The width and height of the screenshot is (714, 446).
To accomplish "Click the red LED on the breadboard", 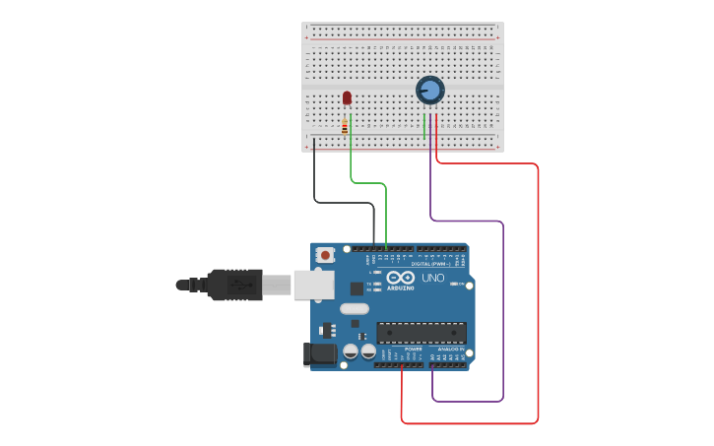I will click(347, 97).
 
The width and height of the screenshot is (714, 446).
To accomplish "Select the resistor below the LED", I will click(344, 126).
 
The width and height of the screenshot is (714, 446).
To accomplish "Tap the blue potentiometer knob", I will click(430, 91).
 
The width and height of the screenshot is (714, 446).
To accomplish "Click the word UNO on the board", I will click(433, 278).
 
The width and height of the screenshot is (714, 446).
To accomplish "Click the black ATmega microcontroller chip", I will click(421, 333).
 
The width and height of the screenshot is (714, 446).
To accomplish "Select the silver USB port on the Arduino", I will click(314, 285).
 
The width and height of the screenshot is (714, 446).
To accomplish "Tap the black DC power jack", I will click(320, 353).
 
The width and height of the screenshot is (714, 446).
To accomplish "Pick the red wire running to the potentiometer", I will click(538, 295).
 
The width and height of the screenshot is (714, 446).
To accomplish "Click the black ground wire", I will click(314, 177).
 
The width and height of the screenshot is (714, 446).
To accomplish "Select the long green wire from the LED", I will click(368, 182).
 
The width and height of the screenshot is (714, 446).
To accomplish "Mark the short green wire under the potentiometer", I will click(423, 125).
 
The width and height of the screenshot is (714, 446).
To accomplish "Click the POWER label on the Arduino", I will click(414, 349).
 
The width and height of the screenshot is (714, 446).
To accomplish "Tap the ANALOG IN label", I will click(451, 349).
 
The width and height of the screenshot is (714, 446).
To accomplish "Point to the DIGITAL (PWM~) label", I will click(431, 264).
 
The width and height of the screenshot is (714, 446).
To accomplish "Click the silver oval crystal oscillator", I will click(355, 309).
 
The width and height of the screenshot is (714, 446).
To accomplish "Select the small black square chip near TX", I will click(357, 288).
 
